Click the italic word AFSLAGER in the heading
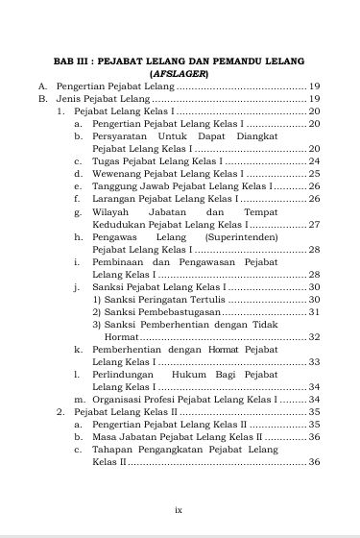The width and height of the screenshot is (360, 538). click(180, 73)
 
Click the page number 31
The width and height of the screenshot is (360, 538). click(314, 312)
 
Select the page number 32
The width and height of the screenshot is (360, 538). click(314, 337)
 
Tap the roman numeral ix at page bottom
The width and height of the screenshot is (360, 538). click(179, 510)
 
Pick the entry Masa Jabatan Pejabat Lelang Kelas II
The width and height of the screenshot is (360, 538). click(177, 436)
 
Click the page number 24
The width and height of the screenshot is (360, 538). click(314, 161)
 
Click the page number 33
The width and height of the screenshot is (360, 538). click(314, 362)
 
